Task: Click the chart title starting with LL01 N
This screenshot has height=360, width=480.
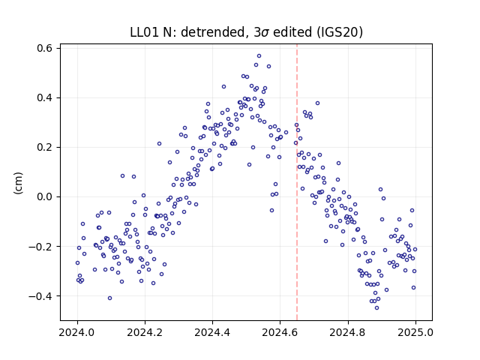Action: click(x=247, y=32)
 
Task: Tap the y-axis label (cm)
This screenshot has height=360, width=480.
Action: click(x=18, y=183)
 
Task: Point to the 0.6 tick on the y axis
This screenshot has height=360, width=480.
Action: click(x=44, y=48)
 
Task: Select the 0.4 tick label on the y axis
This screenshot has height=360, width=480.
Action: click(x=44, y=98)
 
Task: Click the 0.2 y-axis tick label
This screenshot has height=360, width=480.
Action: click(x=44, y=147)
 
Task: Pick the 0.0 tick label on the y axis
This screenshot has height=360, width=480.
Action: click(x=44, y=196)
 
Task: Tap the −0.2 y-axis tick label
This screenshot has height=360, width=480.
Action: click(x=40, y=247)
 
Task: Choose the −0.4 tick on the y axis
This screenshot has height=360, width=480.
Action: click(x=40, y=296)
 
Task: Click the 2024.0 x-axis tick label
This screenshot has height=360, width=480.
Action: click(x=77, y=332)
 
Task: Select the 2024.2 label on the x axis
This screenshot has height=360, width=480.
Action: click(x=145, y=332)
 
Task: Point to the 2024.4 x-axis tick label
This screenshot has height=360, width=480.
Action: click(x=212, y=332)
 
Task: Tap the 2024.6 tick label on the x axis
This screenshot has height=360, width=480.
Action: click(x=280, y=332)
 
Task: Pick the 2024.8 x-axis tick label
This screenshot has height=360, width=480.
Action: click(x=348, y=332)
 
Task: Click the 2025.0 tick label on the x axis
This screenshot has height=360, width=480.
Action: click(x=415, y=332)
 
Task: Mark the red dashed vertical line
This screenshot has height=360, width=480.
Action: click(x=297, y=182)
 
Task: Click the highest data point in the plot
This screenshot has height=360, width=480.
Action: click(x=259, y=56)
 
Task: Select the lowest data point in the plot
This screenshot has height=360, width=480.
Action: click(x=376, y=308)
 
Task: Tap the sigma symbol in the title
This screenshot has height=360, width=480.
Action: click(x=265, y=33)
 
